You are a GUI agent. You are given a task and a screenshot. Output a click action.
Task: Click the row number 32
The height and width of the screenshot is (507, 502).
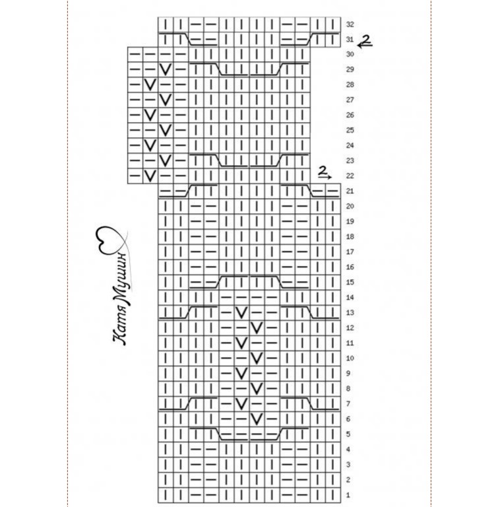350,24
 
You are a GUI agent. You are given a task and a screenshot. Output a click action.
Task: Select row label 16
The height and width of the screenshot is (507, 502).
350,267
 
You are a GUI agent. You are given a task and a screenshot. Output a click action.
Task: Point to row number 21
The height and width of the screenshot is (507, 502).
350,191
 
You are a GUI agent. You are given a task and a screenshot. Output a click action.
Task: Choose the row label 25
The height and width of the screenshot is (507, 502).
350,130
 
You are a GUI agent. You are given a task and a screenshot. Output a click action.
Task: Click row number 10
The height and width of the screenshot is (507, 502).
350,358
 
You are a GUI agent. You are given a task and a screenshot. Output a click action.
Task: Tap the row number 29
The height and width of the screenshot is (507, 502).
350,69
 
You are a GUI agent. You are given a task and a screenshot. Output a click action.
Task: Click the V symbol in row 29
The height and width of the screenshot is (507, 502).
166,69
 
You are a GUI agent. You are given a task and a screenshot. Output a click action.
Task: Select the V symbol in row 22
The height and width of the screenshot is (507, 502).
150,176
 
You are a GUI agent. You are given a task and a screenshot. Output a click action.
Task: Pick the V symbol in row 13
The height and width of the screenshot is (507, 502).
241,312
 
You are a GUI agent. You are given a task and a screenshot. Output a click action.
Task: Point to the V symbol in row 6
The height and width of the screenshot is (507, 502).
257,419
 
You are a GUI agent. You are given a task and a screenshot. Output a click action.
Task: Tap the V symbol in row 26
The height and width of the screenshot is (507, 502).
150,114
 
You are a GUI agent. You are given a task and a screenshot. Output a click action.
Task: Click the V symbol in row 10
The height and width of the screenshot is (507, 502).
257,358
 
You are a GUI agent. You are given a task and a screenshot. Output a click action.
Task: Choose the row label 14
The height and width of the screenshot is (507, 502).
350,298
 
